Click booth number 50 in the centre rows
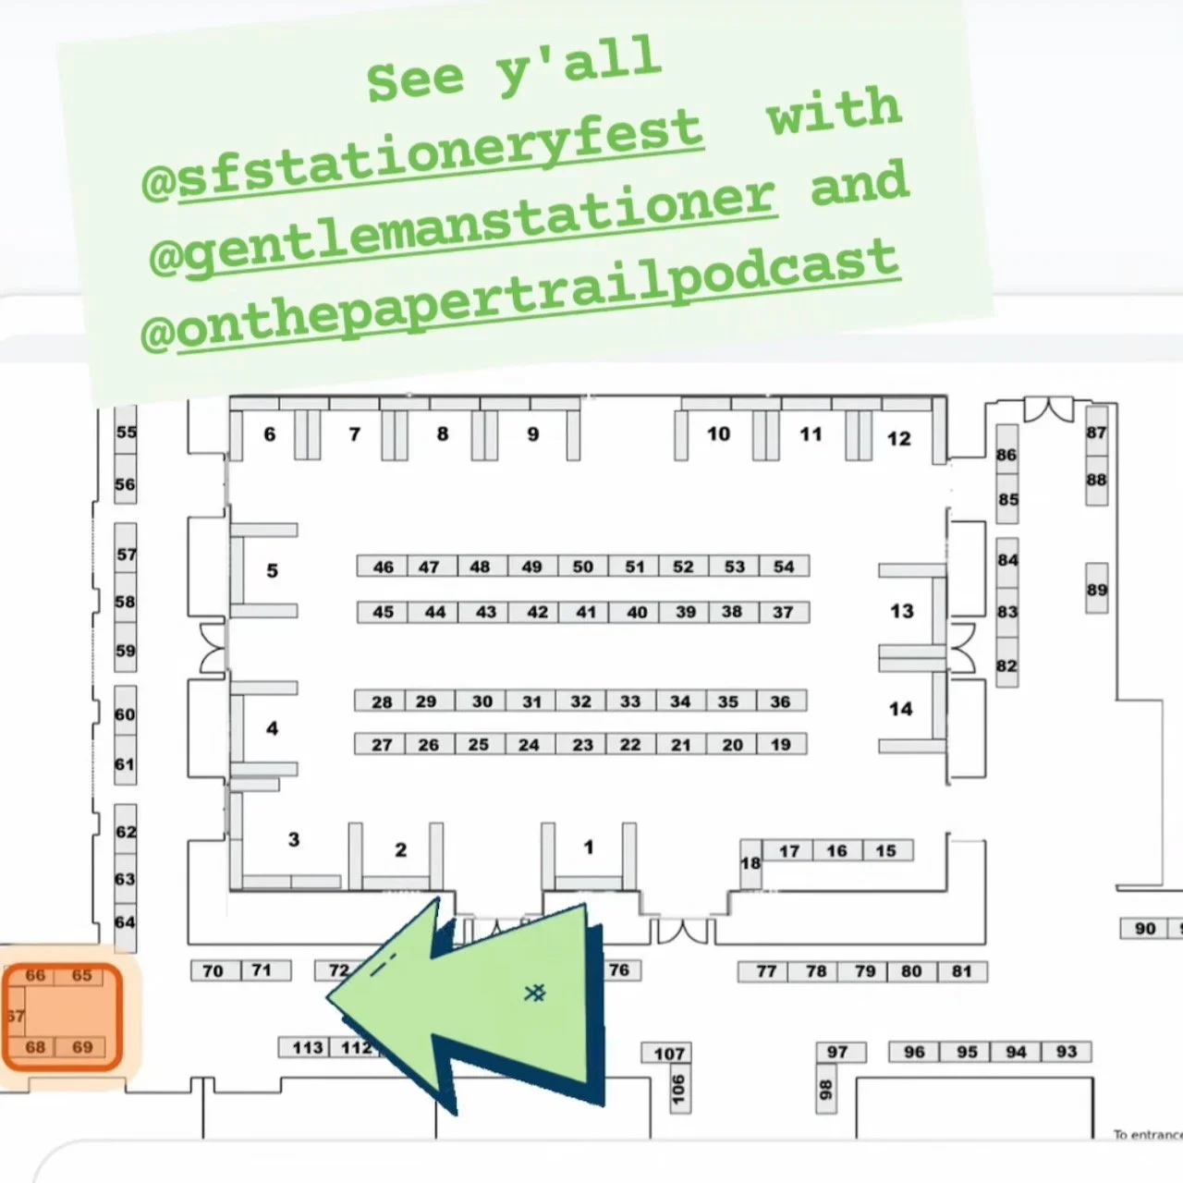point(582,567)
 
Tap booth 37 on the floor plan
point(783,612)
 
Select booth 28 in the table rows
point(382,701)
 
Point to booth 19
point(781,744)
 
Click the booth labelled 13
point(901,611)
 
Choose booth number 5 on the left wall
point(272,570)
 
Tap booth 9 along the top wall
point(532,433)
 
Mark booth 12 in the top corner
point(898,438)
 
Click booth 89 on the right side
point(1096,590)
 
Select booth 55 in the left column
point(126,432)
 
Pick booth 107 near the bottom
point(669,1054)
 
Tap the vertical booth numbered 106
point(678,1089)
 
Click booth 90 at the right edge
point(1145,928)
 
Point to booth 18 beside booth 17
point(750,862)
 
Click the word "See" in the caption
point(414,79)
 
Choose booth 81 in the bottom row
point(961,971)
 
